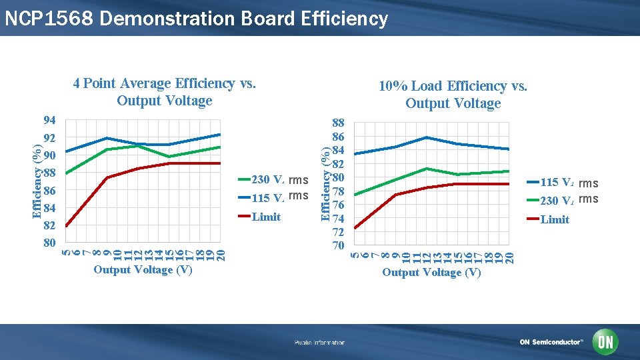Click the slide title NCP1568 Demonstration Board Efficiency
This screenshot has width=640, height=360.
tap(195, 19)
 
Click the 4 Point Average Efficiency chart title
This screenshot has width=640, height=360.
tap(164, 92)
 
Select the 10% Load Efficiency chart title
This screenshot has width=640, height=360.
tap(453, 95)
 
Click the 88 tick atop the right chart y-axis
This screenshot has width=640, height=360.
tap(338, 123)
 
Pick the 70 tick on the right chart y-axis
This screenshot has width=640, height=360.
tap(338, 245)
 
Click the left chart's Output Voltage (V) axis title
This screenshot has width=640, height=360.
tap(143, 270)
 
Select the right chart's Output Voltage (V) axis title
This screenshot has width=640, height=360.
tap(431, 273)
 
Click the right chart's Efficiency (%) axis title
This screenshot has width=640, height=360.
tap(325, 185)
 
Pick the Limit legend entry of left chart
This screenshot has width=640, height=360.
tap(265, 217)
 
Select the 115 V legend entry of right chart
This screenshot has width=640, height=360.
tap(568, 182)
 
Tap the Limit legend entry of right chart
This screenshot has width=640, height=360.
tap(554, 219)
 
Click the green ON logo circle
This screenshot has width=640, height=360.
tap(606, 342)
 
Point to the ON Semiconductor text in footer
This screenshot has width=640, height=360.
tap(551, 342)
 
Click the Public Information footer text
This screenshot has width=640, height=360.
tap(320, 343)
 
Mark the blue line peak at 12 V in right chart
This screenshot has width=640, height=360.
tap(426, 137)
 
